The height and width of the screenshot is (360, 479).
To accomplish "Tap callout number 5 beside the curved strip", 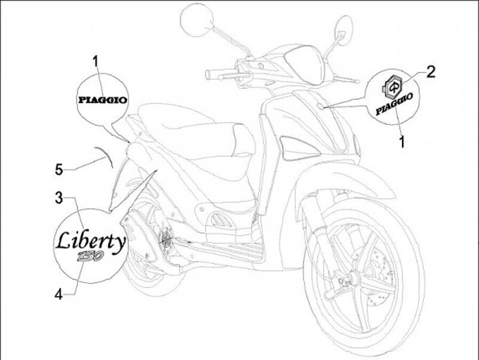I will click(59, 170).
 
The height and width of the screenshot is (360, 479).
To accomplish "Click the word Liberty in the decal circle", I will click(89, 241).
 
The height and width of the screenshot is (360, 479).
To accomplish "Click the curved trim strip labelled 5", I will click(104, 156).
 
